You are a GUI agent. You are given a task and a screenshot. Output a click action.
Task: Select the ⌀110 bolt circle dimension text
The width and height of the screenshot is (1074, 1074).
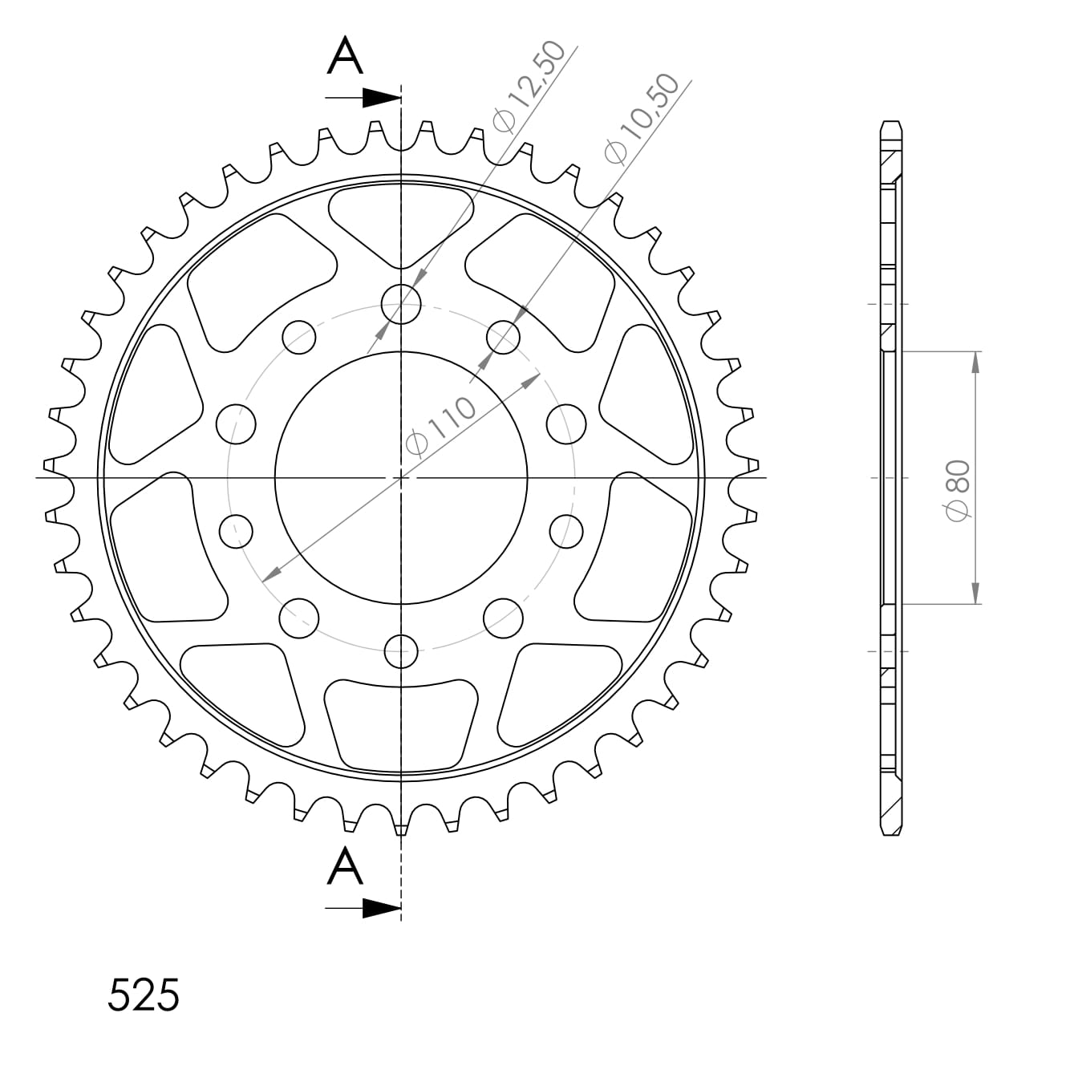pyautogui.click(x=440, y=426)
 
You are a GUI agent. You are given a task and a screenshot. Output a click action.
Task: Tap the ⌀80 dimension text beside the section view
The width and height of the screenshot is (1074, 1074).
pyautogui.click(x=958, y=490)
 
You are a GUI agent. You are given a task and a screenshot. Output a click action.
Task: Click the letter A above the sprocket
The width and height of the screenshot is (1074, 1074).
pyautogui.click(x=345, y=55)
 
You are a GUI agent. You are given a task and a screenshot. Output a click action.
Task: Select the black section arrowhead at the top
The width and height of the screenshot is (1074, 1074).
pyautogui.click(x=381, y=98)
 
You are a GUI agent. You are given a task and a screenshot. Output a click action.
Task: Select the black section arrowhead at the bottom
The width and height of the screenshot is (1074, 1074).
pyautogui.click(x=381, y=908)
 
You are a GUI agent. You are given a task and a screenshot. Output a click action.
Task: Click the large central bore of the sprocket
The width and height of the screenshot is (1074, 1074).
pyautogui.click(x=401, y=477)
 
